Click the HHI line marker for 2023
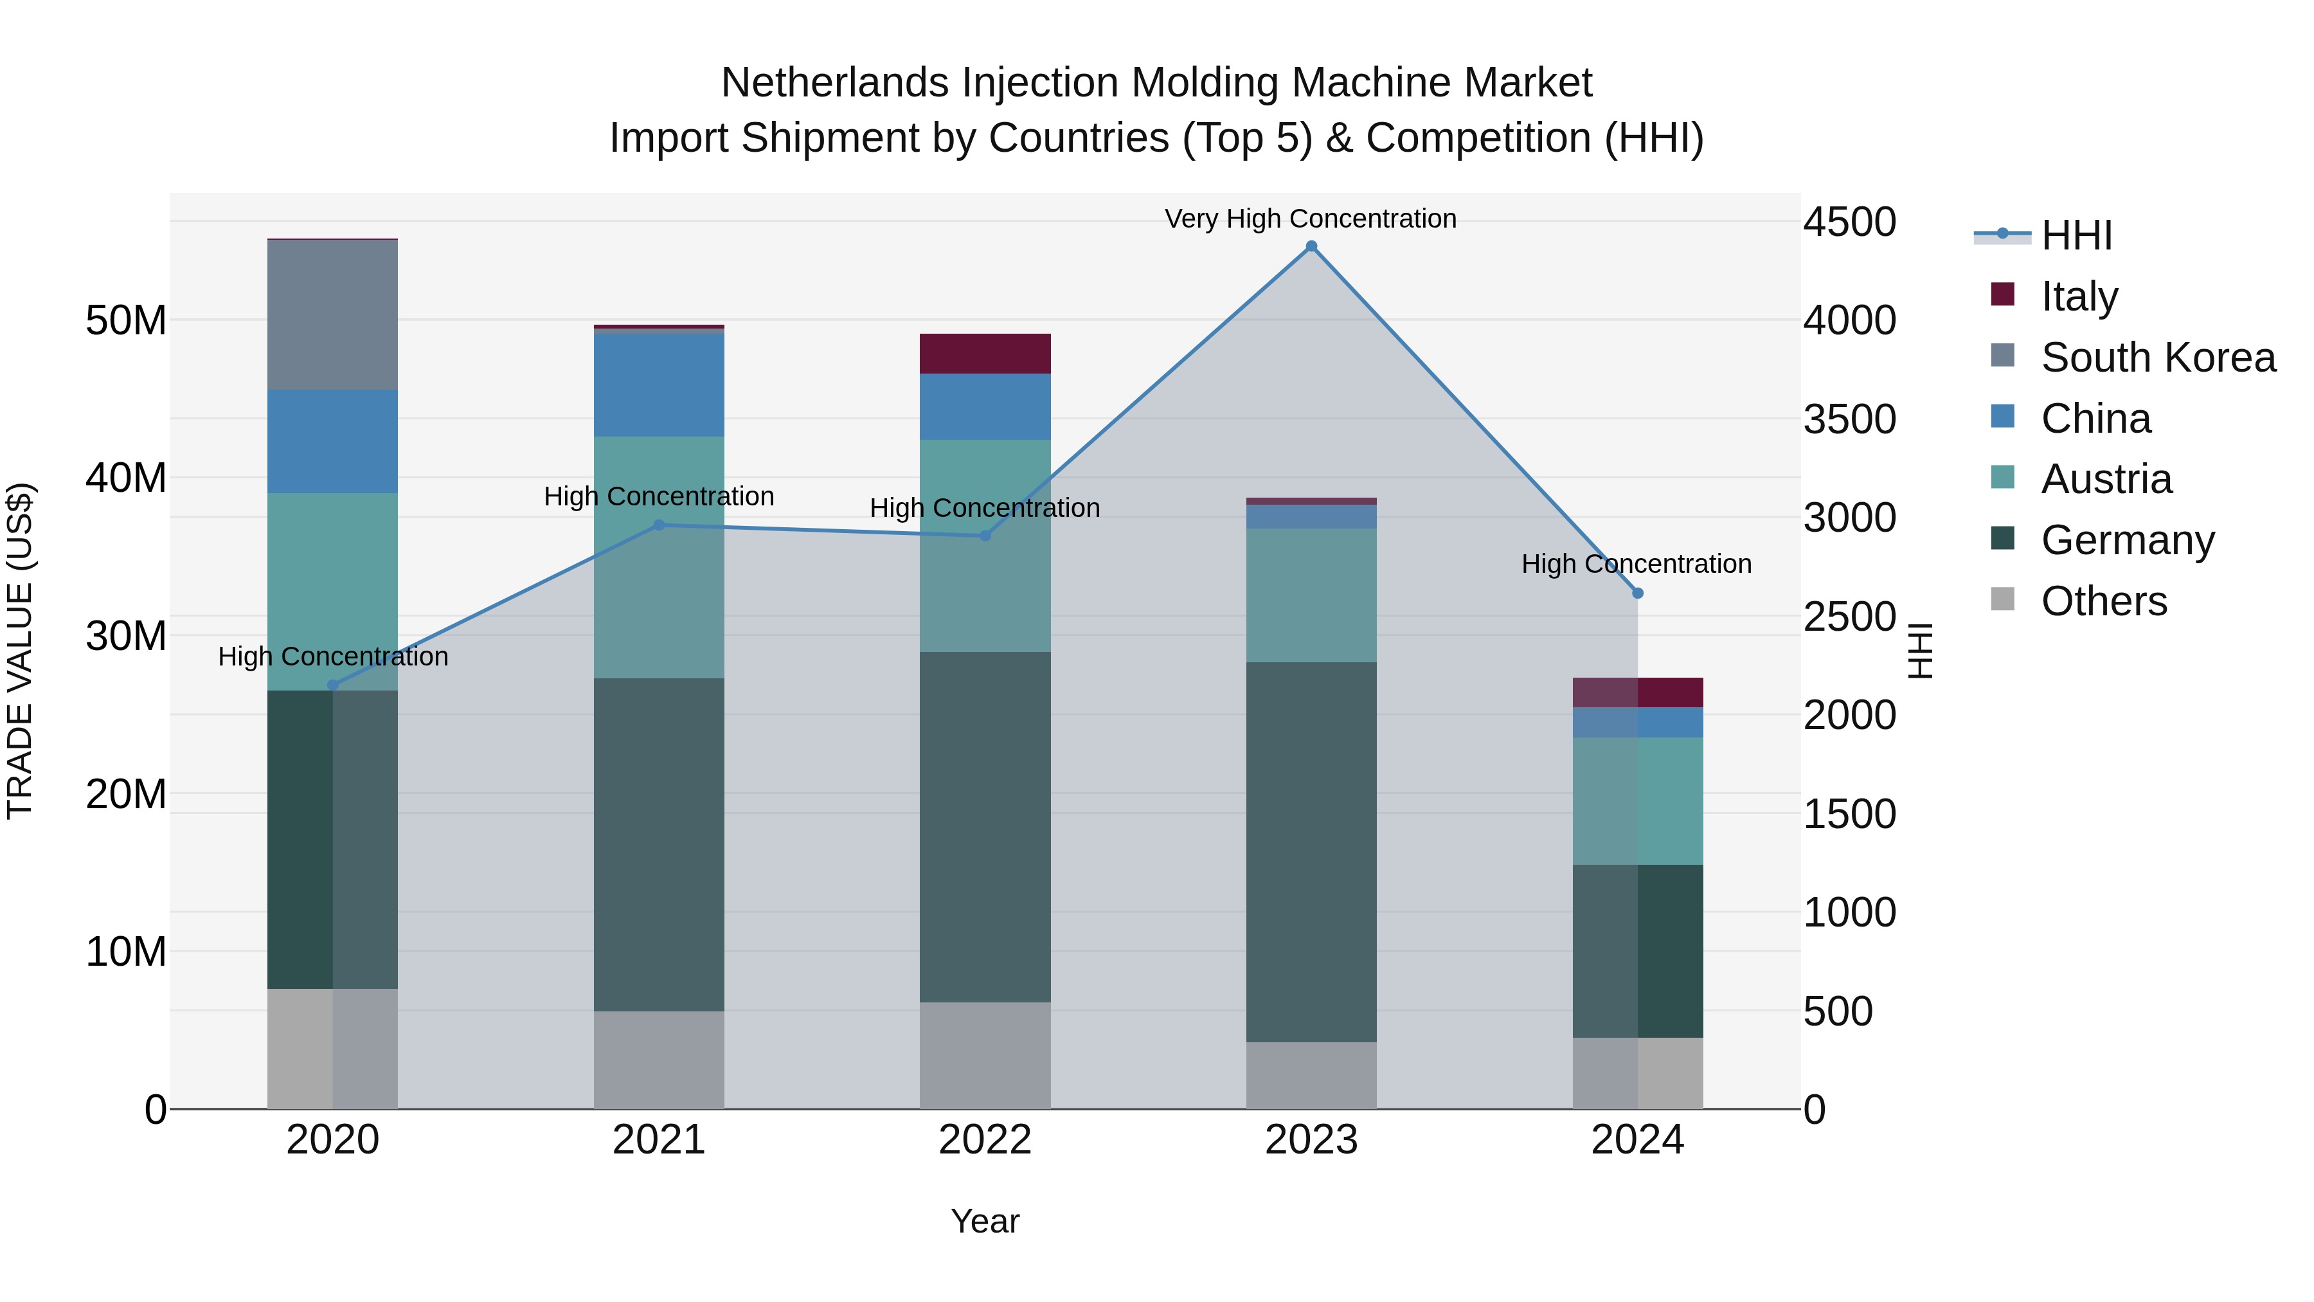(x=1311, y=246)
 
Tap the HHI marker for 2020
(x=332, y=685)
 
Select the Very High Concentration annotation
(x=1310, y=219)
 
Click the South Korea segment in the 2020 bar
(x=332, y=314)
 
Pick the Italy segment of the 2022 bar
(x=985, y=353)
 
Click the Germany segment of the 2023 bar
(x=1311, y=852)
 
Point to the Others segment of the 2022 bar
(x=985, y=1055)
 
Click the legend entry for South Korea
(x=2157, y=357)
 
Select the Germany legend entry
(x=2126, y=540)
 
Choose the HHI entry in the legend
(x=2075, y=235)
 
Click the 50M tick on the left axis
(x=126, y=321)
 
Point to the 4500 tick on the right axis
(x=1849, y=222)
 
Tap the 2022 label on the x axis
(x=985, y=1140)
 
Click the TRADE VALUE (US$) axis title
(x=20, y=651)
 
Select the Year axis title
(x=985, y=1221)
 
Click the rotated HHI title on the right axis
(x=1919, y=651)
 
